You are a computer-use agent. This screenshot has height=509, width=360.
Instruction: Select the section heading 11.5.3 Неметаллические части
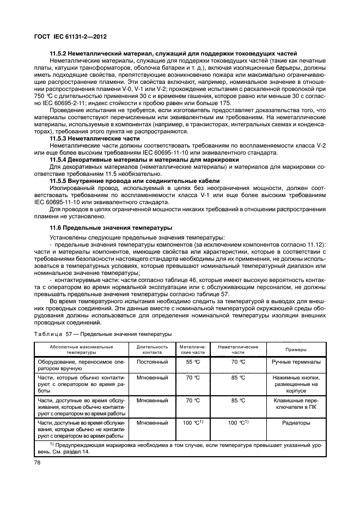[x=94, y=139]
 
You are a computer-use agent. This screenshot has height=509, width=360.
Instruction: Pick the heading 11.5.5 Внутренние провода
[x=135, y=180]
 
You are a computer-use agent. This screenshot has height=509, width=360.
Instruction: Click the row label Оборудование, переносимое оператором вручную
[x=81, y=365]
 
